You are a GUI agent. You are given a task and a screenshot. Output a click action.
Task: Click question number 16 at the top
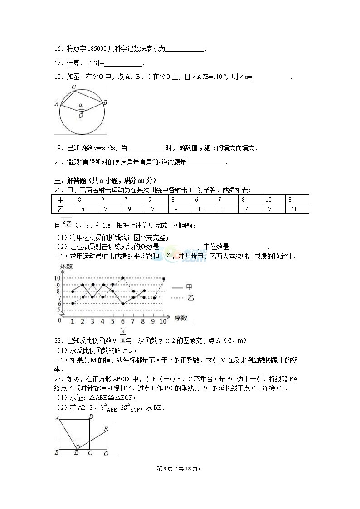click(x=58, y=48)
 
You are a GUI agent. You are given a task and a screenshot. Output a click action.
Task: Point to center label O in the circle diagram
click(x=81, y=116)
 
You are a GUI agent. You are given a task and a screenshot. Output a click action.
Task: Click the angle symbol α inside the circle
click(x=81, y=105)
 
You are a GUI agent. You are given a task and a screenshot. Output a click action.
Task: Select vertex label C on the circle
click(x=73, y=87)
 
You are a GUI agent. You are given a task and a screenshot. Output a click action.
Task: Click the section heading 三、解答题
click(x=68, y=179)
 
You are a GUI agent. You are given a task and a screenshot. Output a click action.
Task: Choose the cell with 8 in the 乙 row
click(x=223, y=209)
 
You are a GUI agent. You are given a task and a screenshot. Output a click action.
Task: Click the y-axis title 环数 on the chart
click(x=66, y=267)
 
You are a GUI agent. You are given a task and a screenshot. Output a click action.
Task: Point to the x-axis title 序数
click(x=180, y=318)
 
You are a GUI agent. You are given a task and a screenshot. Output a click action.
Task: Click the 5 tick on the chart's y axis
click(x=58, y=310)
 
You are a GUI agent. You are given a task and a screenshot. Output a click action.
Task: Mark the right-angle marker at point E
click(x=78, y=446)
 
